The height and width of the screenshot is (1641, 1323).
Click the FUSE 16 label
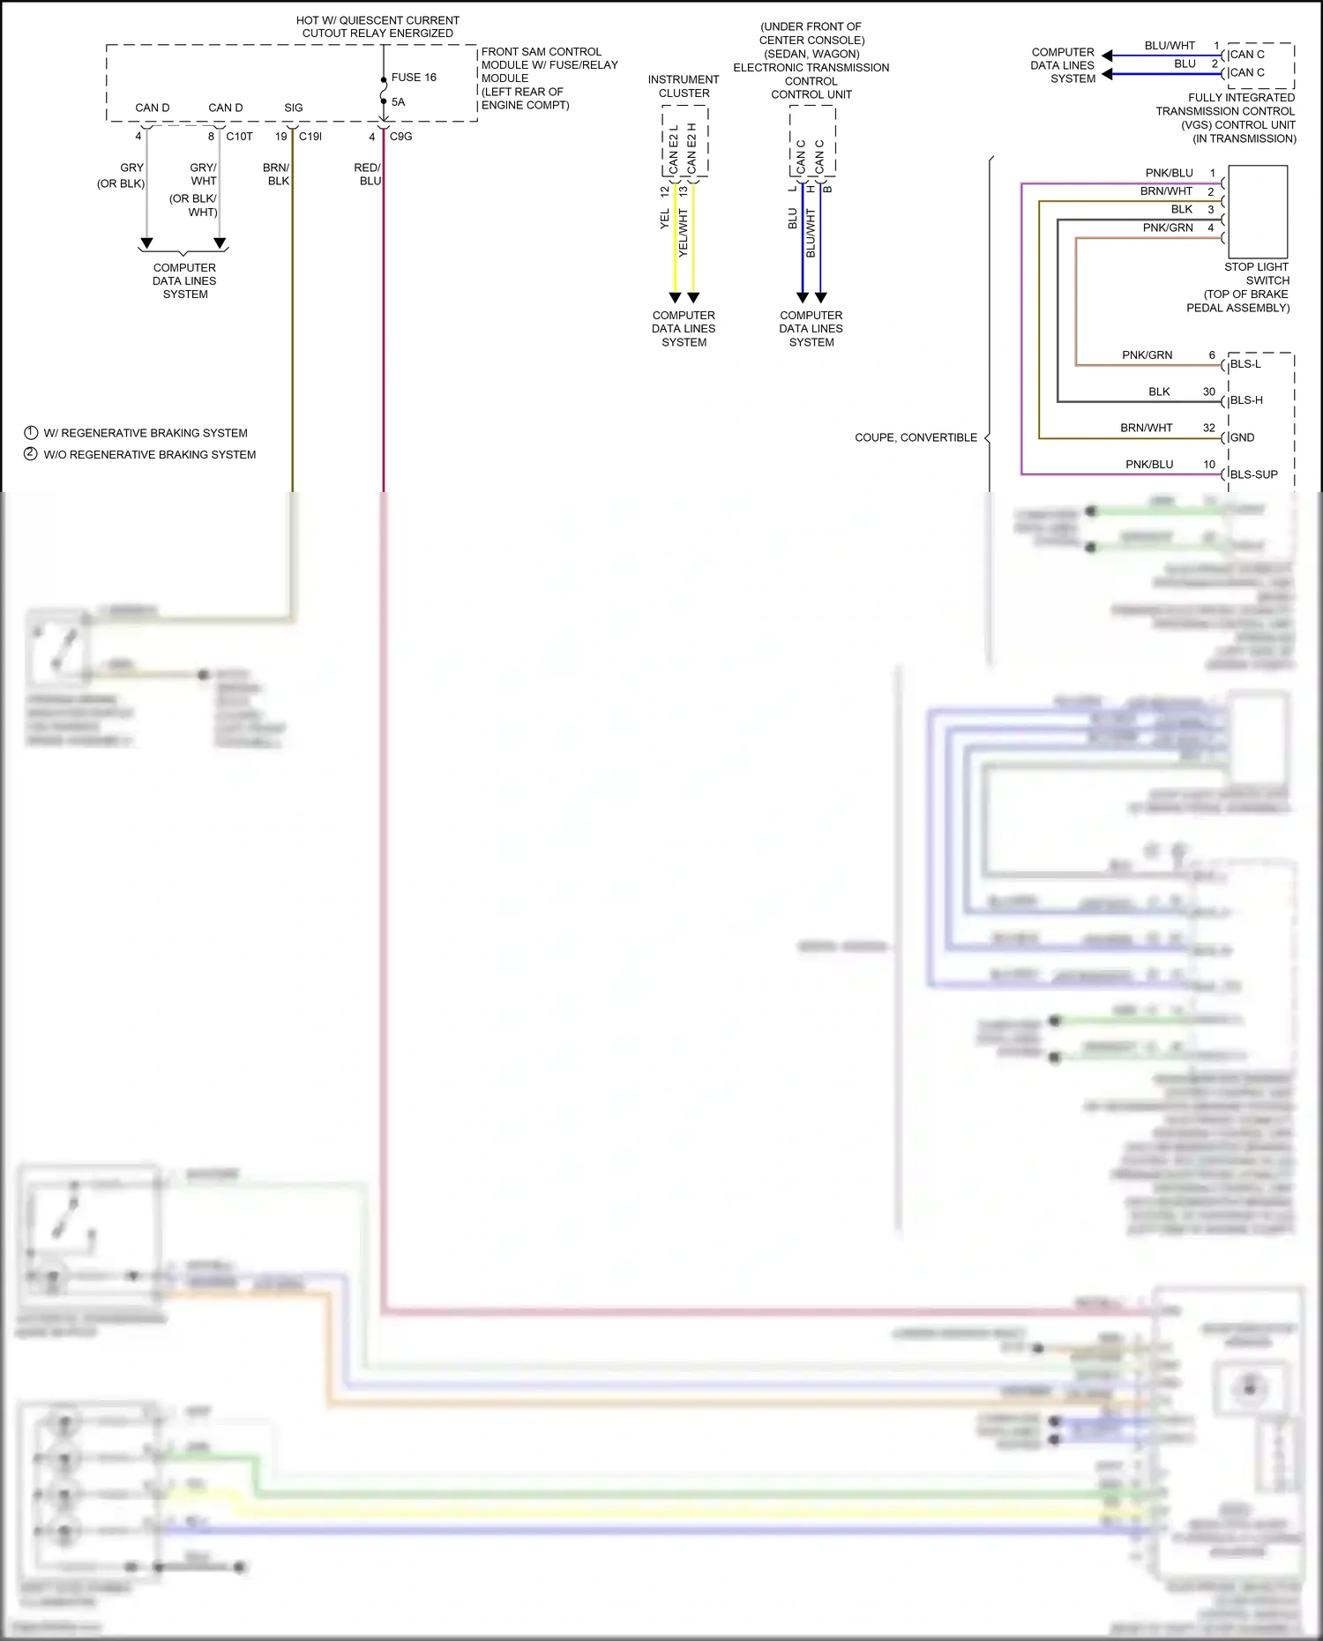point(414,78)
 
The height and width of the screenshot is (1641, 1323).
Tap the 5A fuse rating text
point(398,102)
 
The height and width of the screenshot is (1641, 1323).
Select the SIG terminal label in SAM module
point(293,108)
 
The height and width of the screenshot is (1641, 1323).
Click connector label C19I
point(310,137)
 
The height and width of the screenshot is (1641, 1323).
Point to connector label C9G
point(400,137)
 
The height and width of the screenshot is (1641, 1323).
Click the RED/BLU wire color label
point(368,174)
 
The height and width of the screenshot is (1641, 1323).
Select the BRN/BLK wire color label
point(276,174)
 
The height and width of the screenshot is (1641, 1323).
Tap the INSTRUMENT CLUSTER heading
point(684,86)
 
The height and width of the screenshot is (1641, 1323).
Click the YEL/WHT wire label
point(683,233)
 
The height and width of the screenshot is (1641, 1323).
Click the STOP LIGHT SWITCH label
point(1256,273)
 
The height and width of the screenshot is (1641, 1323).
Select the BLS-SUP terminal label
point(1253,474)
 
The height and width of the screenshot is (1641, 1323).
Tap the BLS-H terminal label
point(1246,400)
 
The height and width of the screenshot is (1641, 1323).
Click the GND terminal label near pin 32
point(1242,437)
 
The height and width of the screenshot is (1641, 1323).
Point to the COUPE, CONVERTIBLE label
point(916,437)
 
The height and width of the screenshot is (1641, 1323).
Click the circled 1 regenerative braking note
point(31,433)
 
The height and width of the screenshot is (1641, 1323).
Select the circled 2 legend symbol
point(31,454)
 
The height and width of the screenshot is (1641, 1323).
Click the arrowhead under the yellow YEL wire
point(675,298)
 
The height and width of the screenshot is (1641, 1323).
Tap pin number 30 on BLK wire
point(1208,392)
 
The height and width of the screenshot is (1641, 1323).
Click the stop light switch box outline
point(1258,212)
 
